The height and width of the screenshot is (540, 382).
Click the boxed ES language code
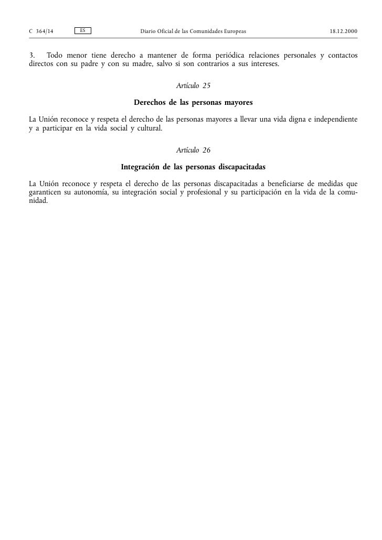83,31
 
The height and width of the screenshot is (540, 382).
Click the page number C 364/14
41,32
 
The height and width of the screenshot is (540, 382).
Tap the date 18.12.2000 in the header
344,32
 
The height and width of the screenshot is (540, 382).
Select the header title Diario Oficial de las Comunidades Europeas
193,32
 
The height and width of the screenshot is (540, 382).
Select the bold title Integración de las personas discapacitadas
193,167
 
